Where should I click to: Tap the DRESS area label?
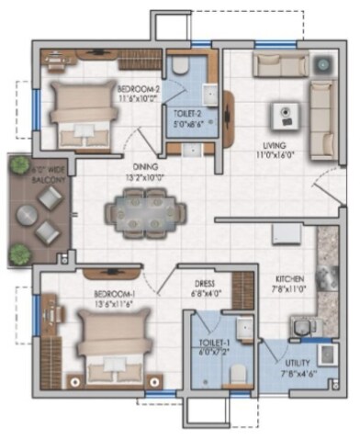[205, 284]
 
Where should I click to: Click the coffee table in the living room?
[286, 116]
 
